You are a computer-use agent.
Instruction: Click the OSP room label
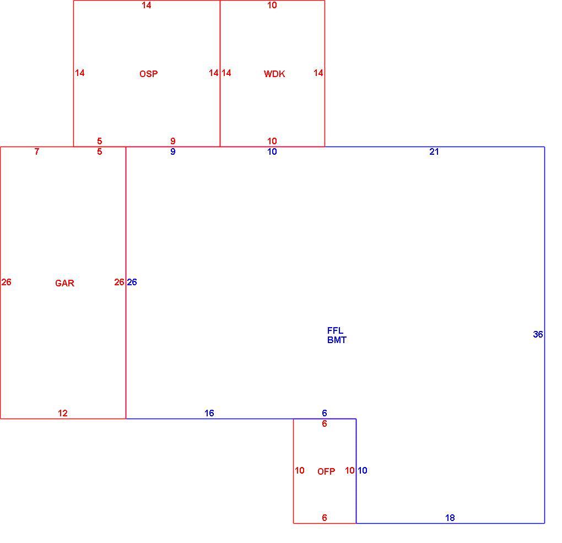pos(148,74)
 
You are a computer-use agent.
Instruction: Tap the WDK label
pos(274,74)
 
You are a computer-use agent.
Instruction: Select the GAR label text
pos(64,283)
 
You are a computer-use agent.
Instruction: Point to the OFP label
pos(326,471)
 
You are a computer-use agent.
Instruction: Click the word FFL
pos(335,330)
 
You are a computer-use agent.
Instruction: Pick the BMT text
pos(337,340)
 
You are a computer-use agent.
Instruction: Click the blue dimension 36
pos(538,334)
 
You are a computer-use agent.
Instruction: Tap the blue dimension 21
pos(434,151)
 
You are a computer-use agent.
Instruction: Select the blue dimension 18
pos(450,518)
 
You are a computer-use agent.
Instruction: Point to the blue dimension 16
pos(209,413)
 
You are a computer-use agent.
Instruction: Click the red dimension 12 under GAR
pos(63,413)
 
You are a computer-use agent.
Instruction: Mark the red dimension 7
pos(36,151)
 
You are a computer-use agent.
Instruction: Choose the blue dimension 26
pos(132,282)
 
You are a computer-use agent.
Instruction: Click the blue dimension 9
pos(173,151)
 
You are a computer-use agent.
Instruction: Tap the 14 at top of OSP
pos(146,5)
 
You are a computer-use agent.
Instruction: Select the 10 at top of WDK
pos(272,5)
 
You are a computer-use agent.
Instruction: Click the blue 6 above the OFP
pos(325,413)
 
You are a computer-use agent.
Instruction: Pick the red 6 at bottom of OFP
pos(325,518)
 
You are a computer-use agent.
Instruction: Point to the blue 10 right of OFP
pos(363,470)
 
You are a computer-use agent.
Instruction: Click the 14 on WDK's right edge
pos(318,73)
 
